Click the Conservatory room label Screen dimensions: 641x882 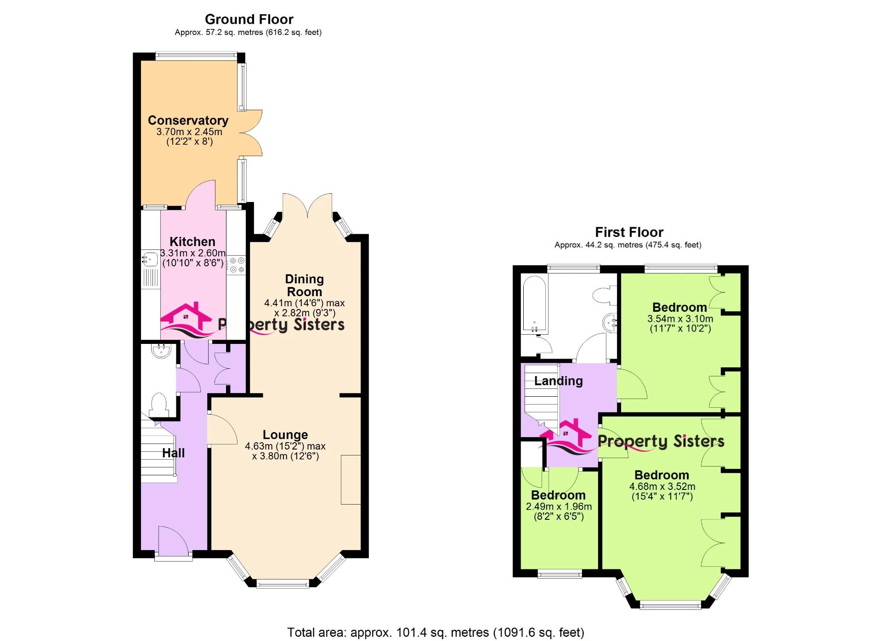(x=188, y=120)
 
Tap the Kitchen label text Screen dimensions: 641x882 (x=192, y=242)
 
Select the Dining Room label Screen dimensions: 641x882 (x=304, y=285)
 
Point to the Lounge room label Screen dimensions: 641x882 (x=285, y=434)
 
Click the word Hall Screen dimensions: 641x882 (x=173, y=453)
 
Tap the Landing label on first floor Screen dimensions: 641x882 (x=558, y=381)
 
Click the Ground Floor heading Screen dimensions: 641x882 (x=249, y=19)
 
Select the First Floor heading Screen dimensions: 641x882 (x=629, y=232)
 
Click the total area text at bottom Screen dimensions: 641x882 (x=435, y=632)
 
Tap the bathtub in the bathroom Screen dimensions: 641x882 (x=534, y=303)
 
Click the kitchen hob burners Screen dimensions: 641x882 (x=237, y=265)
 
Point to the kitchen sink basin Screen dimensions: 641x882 (x=150, y=260)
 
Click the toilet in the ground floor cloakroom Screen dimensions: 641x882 (x=159, y=404)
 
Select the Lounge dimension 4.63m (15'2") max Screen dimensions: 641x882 (x=285, y=446)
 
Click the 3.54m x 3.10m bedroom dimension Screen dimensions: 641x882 (x=680, y=319)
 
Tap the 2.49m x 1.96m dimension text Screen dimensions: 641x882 (x=559, y=506)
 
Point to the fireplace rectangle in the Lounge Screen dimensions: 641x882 (x=351, y=479)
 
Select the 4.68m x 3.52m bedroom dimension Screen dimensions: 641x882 (x=662, y=486)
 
